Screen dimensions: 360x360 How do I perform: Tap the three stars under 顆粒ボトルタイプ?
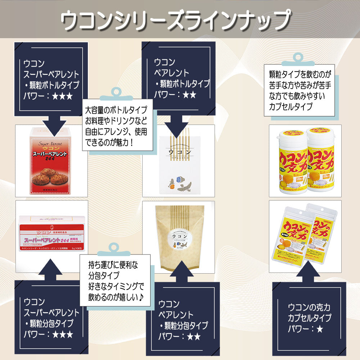tap(62, 96)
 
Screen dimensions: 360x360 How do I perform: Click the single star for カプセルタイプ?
tap(319, 329)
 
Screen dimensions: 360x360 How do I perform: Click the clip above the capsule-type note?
tap(299, 59)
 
